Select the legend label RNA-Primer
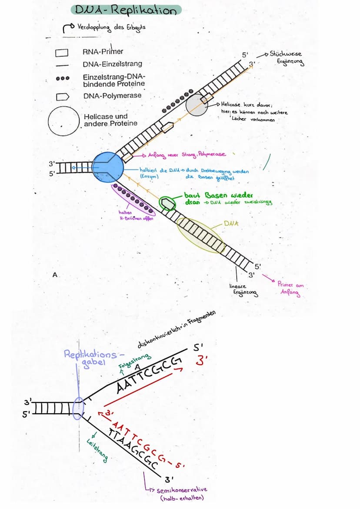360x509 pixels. pos(103,52)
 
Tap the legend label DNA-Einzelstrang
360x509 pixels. pos(112,64)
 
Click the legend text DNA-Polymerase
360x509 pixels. pos(112,96)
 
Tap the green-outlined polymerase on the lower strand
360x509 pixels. pos(166,203)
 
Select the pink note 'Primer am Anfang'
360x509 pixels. pos(291,288)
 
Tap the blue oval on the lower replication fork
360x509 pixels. pos(78,408)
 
